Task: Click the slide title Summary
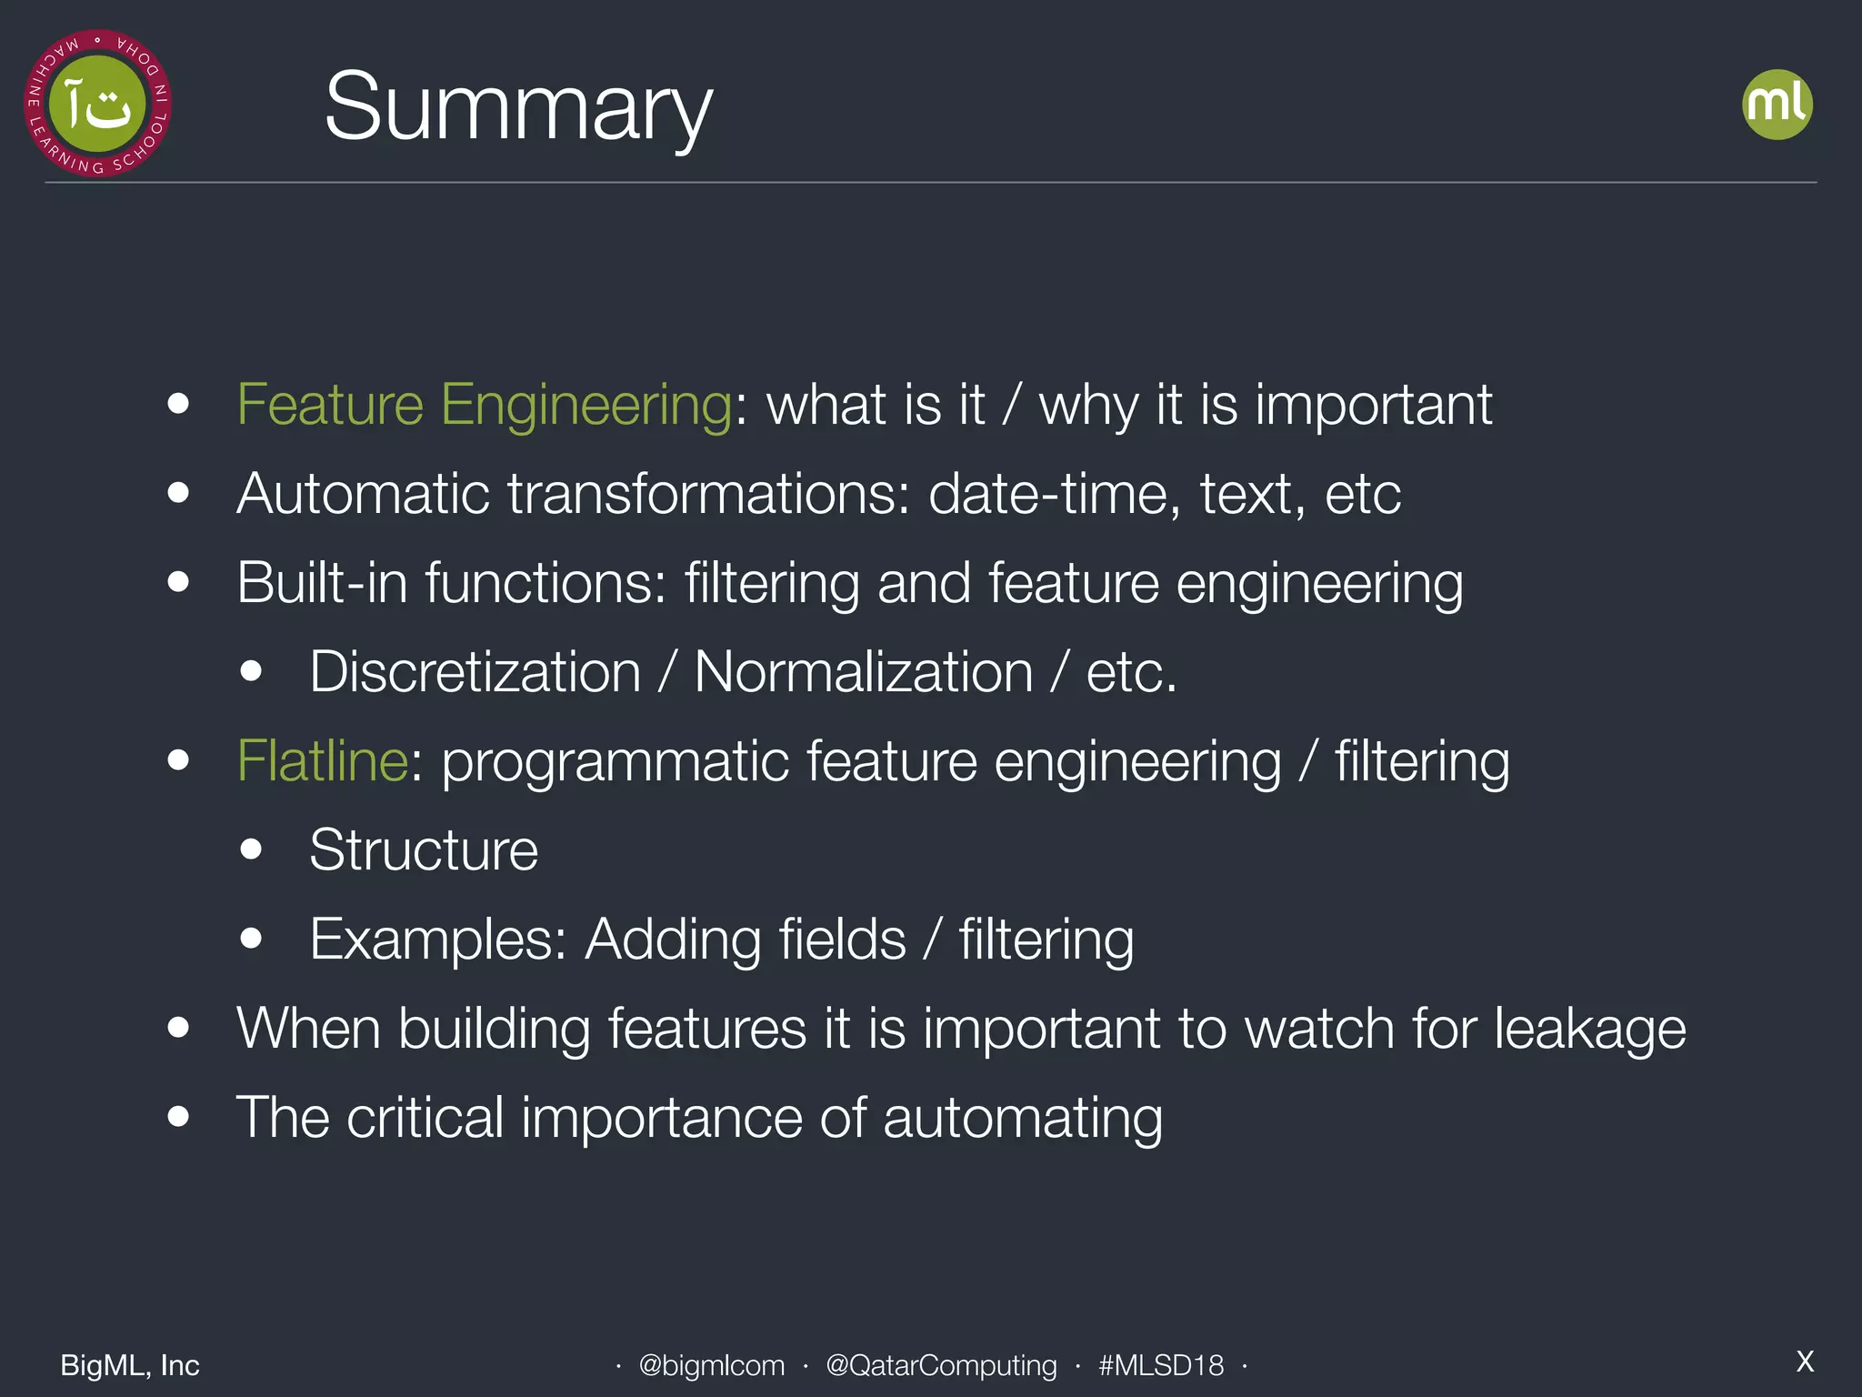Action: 518,107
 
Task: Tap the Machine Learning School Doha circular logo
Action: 97,104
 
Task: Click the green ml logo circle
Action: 1777,105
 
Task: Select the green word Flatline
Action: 322,760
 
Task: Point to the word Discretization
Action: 475,672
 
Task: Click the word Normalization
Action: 864,672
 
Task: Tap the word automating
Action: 1022,1118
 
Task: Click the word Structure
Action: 424,850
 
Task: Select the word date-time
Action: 1054,494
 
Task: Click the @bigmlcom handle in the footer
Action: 711,1365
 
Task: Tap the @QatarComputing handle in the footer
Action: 941,1365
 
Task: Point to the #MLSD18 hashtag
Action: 1160,1365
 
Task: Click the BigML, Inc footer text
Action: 130,1365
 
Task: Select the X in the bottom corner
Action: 1805,1362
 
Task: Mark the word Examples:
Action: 438,940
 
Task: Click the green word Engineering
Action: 586,405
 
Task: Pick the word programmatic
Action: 615,761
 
